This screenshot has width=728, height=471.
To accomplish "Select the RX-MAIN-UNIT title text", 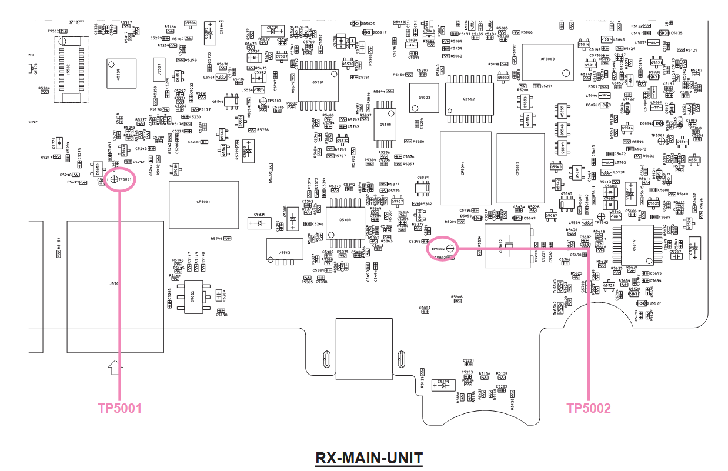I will point(369,457).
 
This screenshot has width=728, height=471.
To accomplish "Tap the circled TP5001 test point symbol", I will point(114,180).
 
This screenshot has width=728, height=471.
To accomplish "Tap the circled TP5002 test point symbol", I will point(450,249).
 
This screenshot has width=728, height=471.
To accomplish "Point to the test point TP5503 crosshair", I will point(262,101).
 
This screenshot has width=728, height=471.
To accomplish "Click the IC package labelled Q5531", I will point(318,83).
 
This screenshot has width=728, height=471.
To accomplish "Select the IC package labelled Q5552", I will point(469,99).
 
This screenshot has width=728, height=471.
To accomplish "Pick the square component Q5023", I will point(424,98).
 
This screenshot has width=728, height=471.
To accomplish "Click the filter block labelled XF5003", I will point(547,62).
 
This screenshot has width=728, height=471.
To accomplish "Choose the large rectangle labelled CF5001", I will point(203,204).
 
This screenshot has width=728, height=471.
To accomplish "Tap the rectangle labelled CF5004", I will point(466,168).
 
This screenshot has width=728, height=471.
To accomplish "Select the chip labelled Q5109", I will point(345,220).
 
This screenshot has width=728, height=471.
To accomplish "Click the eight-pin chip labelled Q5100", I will point(385,125).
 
